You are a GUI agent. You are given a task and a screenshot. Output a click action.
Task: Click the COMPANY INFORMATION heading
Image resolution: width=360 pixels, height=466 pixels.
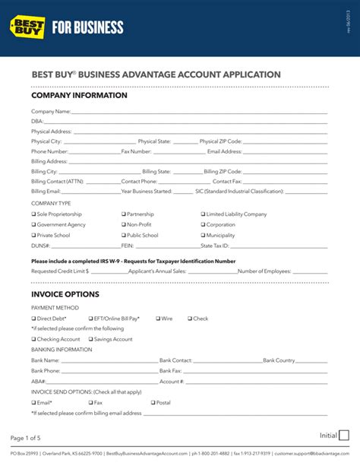[x=79, y=96]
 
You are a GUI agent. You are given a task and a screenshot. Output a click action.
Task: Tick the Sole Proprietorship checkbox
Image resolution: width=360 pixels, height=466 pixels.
[x=33, y=214]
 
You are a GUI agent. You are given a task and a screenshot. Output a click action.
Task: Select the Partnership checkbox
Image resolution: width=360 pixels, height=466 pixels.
[x=124, y=214]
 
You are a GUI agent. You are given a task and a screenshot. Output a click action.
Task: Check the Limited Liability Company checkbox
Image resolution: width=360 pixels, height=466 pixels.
[x=204, y=214]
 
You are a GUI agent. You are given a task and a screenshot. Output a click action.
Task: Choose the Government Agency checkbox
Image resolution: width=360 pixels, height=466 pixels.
[x=33, y=225]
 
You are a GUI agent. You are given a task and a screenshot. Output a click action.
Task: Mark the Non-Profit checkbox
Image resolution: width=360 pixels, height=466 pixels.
[x=124, y=225]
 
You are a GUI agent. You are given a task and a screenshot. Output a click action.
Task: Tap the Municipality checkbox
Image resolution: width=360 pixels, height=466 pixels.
[x=204, y=236]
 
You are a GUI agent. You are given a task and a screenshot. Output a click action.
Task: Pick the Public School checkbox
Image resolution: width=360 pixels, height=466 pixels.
[x=124, y=236]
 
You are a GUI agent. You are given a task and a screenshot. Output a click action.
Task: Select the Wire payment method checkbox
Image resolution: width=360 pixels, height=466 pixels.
[x=158, y=319]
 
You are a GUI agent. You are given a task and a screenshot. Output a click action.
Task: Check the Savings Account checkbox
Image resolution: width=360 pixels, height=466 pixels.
[x=90, y=339]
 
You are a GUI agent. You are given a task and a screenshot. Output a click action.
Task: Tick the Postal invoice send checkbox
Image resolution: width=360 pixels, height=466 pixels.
[x=153, y=402]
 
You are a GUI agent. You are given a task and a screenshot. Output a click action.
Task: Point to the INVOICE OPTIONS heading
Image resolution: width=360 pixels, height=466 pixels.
[x=65, y=293]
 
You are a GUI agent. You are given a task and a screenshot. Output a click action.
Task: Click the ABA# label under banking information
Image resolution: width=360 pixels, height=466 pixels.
[x=39, y=381]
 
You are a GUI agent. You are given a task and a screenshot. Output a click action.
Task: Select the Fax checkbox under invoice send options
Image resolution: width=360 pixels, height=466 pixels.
[x=90, y=402]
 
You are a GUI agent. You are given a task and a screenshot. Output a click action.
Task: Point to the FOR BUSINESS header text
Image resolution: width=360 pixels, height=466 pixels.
[x=87, y=28]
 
